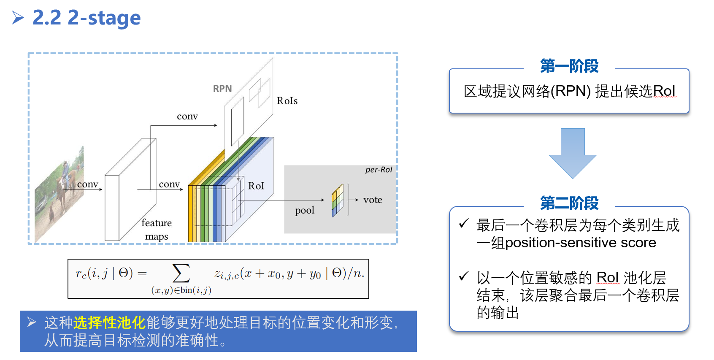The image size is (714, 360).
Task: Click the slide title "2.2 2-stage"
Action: coord(87,18)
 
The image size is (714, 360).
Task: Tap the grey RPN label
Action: coord(222,89)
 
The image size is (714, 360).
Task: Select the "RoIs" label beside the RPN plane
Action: coord(287,101)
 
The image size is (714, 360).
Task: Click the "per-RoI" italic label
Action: coord(378,170)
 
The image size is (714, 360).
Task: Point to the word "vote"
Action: coord(373,200)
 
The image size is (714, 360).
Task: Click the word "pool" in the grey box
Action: coord(305,210)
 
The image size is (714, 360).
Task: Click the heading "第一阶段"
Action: coord(569,66)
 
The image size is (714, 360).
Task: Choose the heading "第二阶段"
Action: coord(569,203)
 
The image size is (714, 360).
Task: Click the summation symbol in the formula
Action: coord(181,273)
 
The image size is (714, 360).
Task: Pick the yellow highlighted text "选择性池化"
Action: coord(109,322)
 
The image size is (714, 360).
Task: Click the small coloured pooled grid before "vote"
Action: coord(338,200)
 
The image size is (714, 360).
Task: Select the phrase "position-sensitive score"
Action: coord(580,243)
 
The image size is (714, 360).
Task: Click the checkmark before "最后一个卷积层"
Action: coord(464,223)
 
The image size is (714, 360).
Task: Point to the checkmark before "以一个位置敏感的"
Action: coord(464,276)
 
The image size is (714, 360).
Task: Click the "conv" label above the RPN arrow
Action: coord(187,116)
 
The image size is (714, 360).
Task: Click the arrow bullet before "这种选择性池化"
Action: coord(32,322)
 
